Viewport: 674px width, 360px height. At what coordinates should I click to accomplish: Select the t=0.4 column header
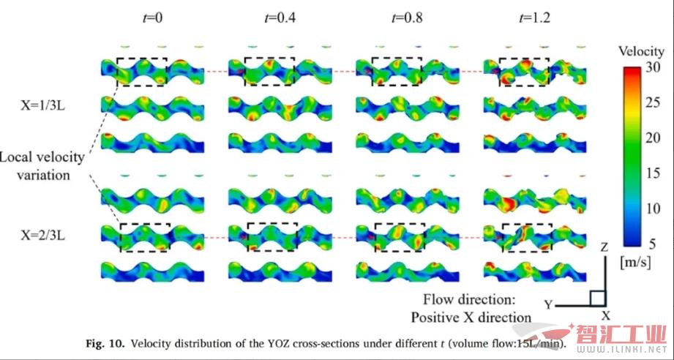pos(271,18)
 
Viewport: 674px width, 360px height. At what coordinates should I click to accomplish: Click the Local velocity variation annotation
pos(42,166)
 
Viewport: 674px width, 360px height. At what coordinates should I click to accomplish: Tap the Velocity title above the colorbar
pos(640,52)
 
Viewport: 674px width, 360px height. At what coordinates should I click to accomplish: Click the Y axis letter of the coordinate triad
pos(548,303)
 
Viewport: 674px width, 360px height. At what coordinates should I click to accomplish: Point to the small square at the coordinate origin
pos(597,298)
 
